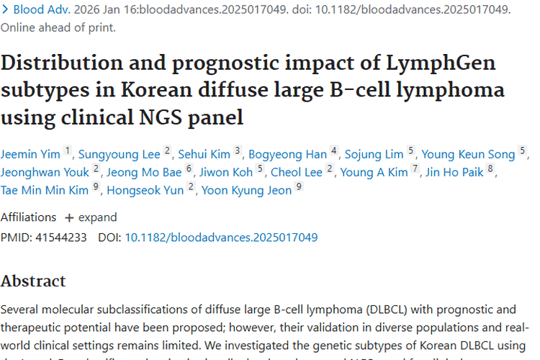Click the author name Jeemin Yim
31,154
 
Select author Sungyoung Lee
120,154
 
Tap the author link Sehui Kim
204,154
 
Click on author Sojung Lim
374,154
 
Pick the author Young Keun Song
468,154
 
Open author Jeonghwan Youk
45,172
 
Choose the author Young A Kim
374,172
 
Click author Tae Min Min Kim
48,190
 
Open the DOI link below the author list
221,237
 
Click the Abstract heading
33,281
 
